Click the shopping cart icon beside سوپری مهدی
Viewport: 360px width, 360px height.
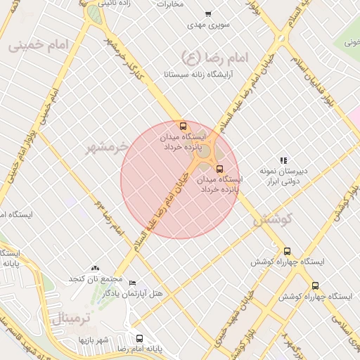(x=208, y=14)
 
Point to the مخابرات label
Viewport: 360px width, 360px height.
(x=170, y=4)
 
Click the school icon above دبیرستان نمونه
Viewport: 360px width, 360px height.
(x=283, y=161)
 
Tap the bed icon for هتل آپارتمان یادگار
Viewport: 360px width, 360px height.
(x=133, y=283)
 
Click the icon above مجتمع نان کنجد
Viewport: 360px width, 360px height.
(x=95, y=269)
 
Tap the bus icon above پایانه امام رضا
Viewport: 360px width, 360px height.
(x=139, y=338)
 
